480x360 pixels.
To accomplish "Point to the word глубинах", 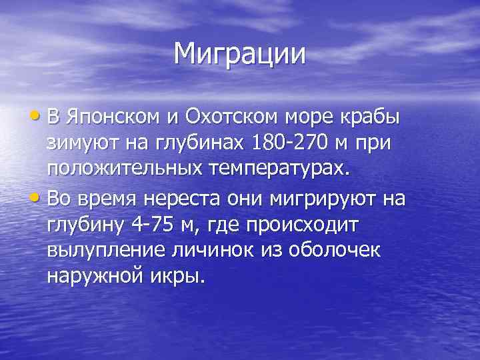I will tap(204, 143).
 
